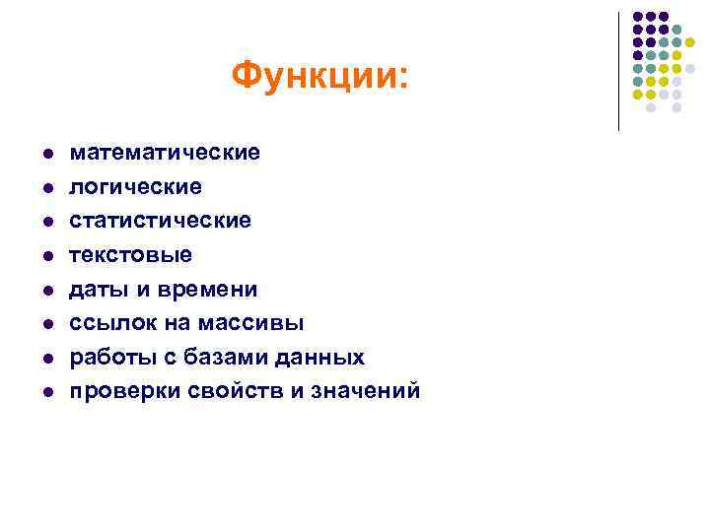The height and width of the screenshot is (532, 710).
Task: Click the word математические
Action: [164, 153]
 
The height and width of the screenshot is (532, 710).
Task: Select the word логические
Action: [135, 186]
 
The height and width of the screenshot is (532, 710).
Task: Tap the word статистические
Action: [160, 221]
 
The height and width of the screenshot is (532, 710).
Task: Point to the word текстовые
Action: [130, 255]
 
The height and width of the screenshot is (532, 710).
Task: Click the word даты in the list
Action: [91, 290]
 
